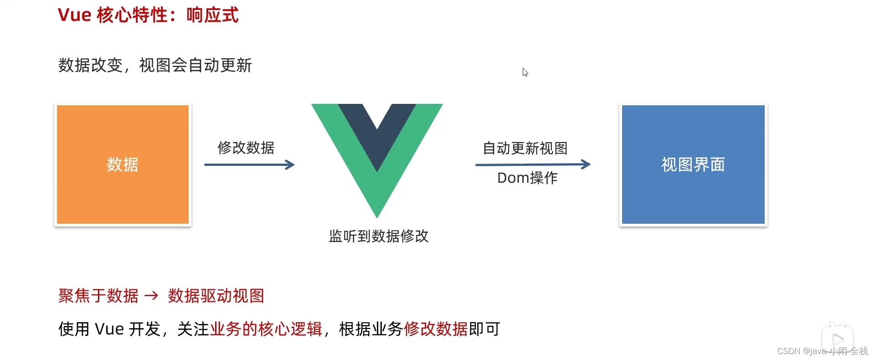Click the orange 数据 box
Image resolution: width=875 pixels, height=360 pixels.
click(x=123, y=165)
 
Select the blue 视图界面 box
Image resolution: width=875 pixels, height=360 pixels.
click(x=693, y=165)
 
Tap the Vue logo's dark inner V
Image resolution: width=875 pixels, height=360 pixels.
click(x=377, y=132)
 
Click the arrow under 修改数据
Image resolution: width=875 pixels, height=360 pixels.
click(x=249, y=165)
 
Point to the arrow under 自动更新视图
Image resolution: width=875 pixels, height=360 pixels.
click(x=533, y=164)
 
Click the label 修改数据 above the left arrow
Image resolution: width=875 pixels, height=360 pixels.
click(x=246, y=148)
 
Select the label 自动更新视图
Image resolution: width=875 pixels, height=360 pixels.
click(x=525, y=148)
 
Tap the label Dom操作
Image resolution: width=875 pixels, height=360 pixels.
click(x=527, y=178)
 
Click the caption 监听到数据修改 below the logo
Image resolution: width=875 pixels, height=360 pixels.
click(x=379, y=236)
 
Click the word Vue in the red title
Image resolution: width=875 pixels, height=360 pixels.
click(x=74, y=15)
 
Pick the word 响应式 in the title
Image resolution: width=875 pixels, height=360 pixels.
click(x=212, y=15)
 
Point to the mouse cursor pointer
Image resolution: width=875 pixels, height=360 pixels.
click(x=525, y=72)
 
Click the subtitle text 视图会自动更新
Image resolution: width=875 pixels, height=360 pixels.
click(x=196, y=65)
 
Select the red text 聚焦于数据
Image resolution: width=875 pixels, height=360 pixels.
click(x=98, y=296)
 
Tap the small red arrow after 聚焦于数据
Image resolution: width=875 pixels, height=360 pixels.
click(x=151, y=296)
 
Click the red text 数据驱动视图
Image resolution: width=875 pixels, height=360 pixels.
click(x=216, y=296)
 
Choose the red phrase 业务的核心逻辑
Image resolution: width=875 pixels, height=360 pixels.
click(x=266, y=329)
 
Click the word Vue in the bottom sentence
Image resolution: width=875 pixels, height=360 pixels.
click(x=109, y=329)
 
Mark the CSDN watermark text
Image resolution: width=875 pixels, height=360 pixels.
click(x=823, y=351)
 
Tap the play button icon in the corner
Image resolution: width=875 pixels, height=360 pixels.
click(x=838, y=339)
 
